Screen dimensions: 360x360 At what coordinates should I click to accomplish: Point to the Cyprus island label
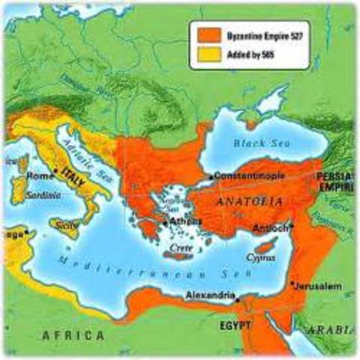tap(264, 257)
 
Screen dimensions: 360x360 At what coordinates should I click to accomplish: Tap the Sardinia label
tap(25, 194)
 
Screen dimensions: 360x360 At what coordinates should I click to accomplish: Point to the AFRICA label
tap(72, 334)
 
